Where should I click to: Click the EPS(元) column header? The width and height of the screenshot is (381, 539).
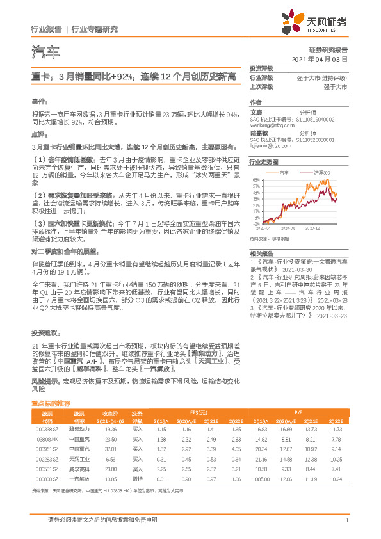pyautogui.click(x=198, y=412)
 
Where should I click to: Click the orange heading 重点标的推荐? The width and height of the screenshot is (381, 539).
pyautogui.click(x=51, y=403)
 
